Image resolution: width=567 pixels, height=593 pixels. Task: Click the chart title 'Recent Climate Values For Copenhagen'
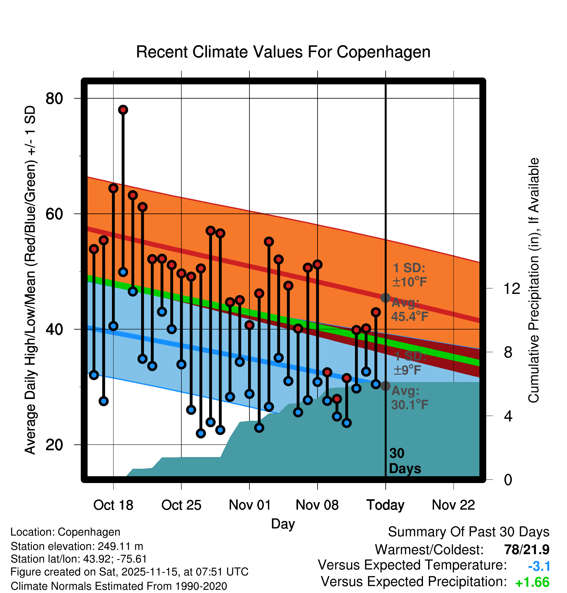click(283, 52)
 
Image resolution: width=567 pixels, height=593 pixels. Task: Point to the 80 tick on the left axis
click(54, 98)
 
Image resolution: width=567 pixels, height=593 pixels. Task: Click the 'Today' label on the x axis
click(385, 505)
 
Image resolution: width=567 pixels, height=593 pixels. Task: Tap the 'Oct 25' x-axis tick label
click(181, 505)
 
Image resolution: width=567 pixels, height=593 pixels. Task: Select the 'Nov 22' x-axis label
click(453, 505)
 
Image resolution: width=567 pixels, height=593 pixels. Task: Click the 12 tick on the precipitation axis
click(512, 288)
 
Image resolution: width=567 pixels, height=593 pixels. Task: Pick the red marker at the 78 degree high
click(123, 110)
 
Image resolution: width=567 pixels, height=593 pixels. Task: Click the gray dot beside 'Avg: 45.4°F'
click(385, 297)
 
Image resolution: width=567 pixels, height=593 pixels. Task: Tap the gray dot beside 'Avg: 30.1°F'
click(385, 386)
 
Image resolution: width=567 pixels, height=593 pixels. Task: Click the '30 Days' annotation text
click(404, 461)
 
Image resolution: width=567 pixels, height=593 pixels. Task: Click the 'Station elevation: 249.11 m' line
click(77, 546)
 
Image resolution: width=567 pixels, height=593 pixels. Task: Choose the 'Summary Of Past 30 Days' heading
click(468, 532)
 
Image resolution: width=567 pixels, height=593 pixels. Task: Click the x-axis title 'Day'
click(283, 524)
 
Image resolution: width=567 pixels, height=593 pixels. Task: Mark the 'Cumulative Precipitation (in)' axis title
click(534, 280)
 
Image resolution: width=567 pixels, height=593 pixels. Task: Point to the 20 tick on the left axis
click(54, 445)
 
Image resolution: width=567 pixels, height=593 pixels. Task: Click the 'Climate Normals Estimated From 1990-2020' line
click(119, 586)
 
